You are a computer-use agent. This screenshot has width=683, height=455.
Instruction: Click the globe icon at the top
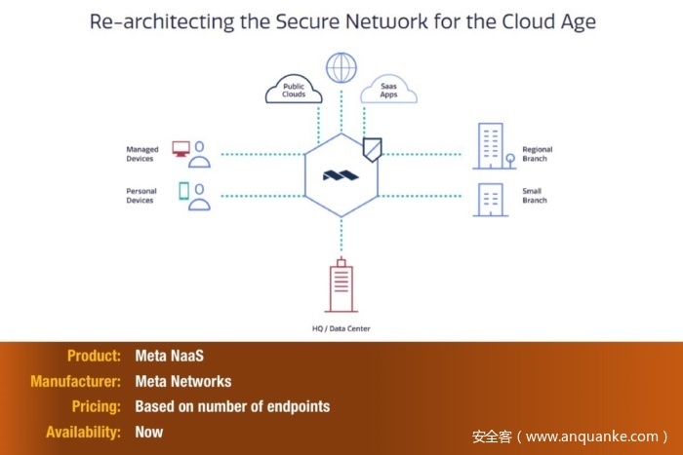click(x=341, y=68)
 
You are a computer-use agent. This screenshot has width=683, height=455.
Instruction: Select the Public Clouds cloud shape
click(x=294, y=91)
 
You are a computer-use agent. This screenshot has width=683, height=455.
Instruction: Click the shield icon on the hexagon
click(x=372, y=148)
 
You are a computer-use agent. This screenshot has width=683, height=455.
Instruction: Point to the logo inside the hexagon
click(x=341, y=176)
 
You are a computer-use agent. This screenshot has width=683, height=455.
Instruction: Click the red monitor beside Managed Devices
click(x=181, y=148)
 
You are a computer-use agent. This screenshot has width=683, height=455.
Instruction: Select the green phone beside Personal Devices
click(x=182, y=191)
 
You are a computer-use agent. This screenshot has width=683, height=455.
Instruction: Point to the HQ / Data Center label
click(x=341, y=328)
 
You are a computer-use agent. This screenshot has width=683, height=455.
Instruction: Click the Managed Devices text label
click(x=142, y=154)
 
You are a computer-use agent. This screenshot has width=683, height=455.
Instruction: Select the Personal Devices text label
click(x=141, y=196)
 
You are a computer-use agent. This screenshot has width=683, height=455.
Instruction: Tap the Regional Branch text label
click(x=537, y=154)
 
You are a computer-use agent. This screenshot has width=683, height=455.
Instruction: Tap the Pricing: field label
click(x=96, y=406)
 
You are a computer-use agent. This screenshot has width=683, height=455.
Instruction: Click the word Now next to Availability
click(x=149, y=432)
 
